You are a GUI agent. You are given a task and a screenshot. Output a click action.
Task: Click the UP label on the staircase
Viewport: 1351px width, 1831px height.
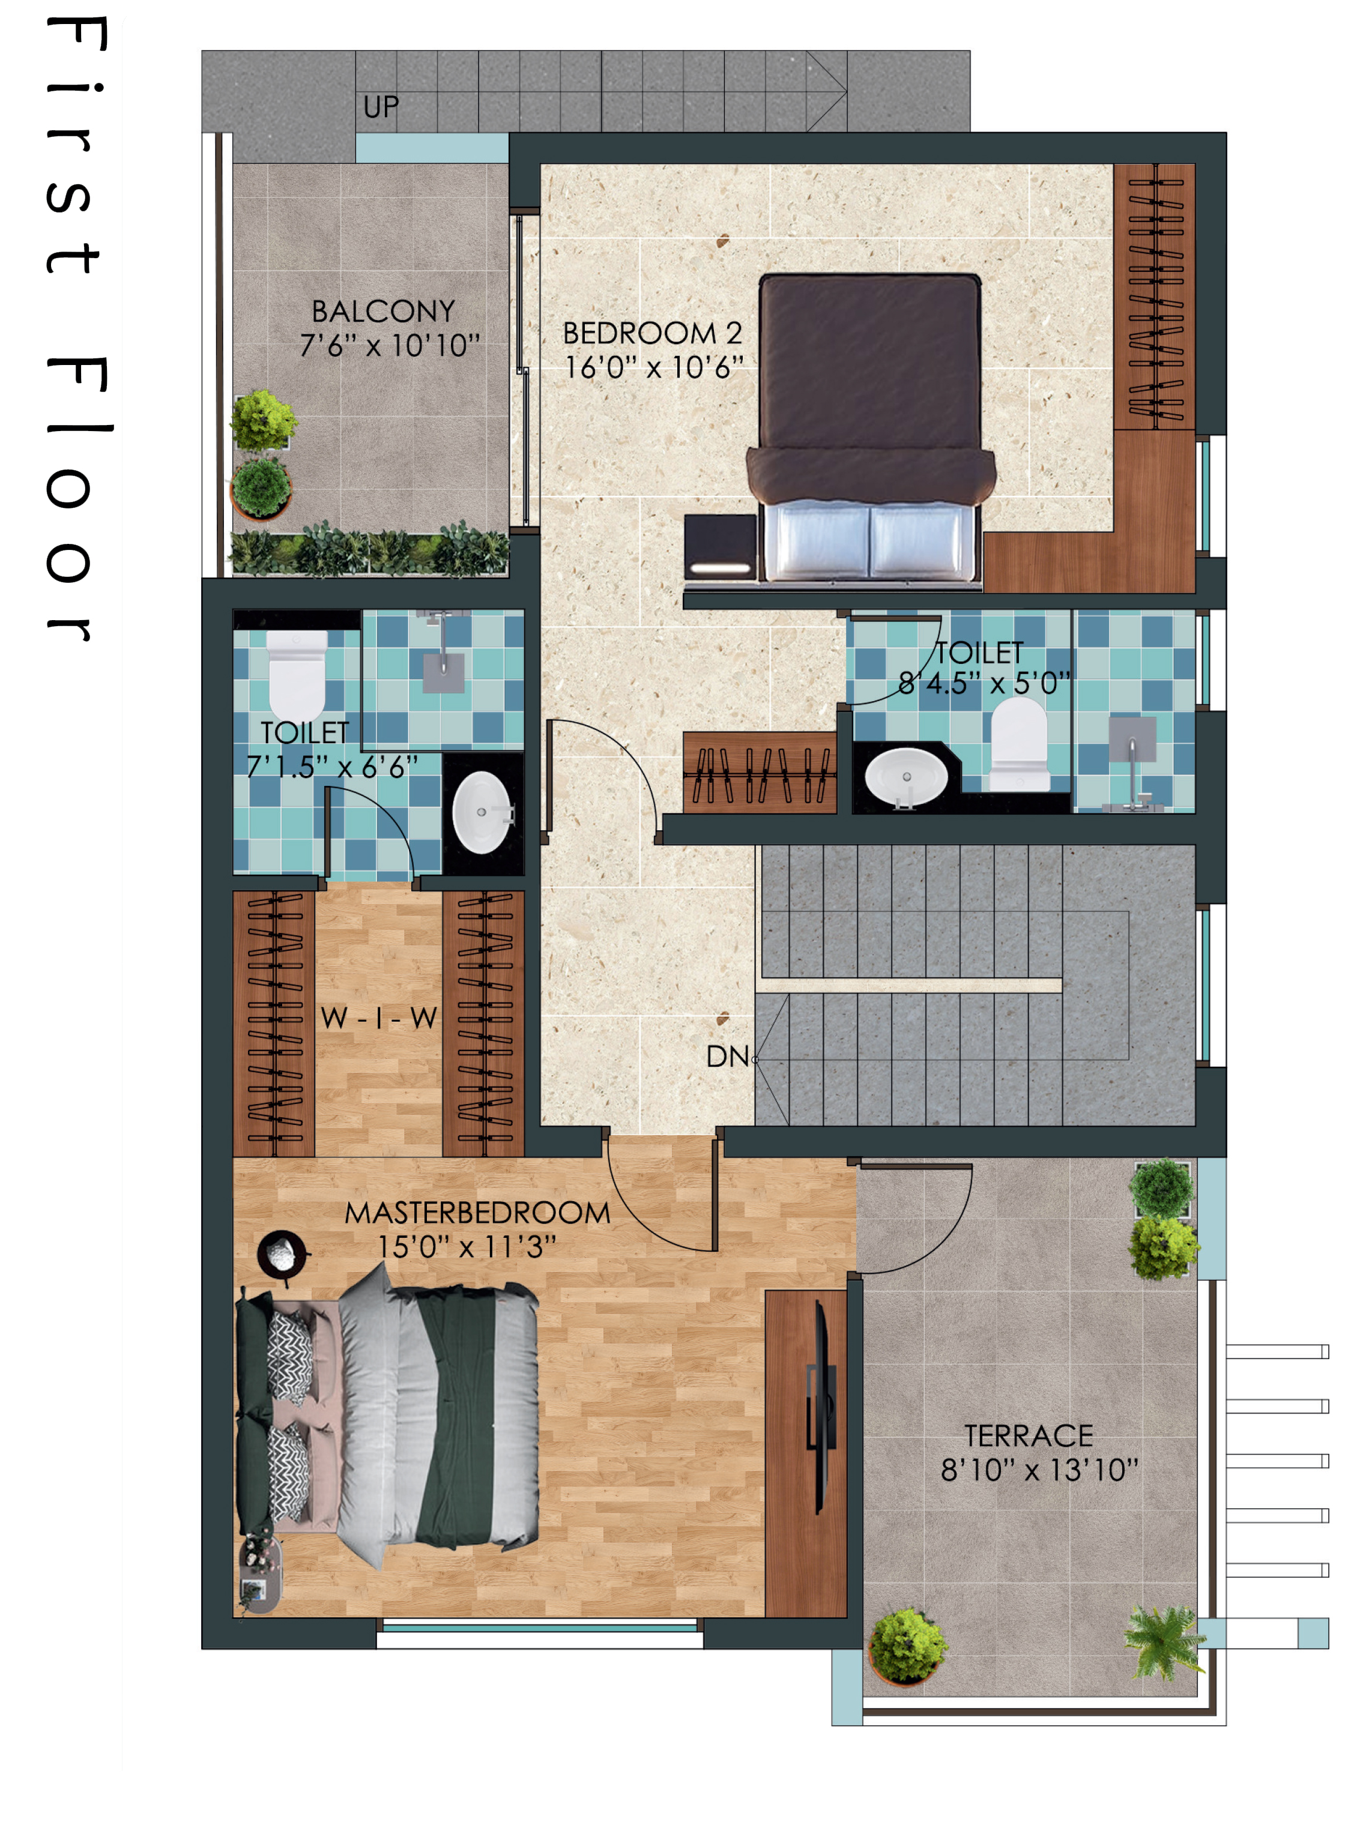(x=381, y=107)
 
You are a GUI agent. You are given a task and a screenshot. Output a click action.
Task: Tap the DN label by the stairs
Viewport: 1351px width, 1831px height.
(x=728, y=1057)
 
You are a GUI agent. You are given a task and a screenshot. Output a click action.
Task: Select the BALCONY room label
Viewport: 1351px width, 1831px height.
(x=384, y=312)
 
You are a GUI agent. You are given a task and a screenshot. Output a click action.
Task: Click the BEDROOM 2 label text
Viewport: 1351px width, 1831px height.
(x=653, y=334)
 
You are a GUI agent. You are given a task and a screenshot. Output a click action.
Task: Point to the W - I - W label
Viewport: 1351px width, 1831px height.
(x=379, y=1019)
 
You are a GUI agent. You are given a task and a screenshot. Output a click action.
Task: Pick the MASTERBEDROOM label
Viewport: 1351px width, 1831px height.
(x=477, y=1213)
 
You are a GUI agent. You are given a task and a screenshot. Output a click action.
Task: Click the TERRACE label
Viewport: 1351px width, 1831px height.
(x=1029, y=1436)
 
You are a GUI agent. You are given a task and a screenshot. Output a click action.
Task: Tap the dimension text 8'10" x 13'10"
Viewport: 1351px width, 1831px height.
(x=1039, y=1471)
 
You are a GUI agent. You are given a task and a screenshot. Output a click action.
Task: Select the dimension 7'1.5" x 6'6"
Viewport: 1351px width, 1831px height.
(x=332, y=767)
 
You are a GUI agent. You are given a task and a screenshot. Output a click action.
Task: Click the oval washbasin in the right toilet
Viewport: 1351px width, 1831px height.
(x=906, y=775)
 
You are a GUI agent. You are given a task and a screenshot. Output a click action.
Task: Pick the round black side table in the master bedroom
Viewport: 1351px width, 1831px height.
(x=282, y=1253)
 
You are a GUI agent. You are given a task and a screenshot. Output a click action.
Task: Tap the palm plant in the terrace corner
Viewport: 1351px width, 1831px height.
(x=1164, y=1641)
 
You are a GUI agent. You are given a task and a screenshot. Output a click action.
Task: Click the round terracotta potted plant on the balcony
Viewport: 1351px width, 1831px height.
(x=261, y=488)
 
